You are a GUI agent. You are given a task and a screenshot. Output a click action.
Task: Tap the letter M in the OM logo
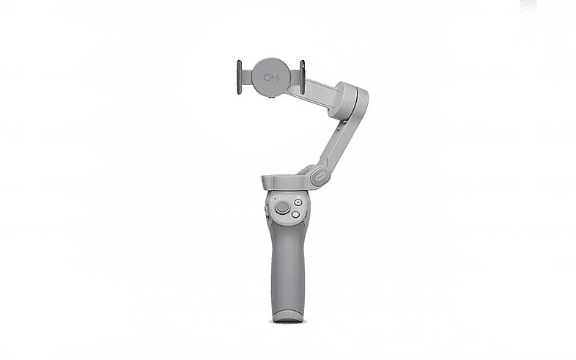click(275, 76)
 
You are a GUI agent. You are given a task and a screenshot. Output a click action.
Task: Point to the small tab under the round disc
click(270, 94)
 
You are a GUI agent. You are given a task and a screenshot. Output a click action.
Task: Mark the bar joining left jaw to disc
click(247, 76)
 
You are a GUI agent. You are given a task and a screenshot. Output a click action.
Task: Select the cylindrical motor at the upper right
click(350, 101)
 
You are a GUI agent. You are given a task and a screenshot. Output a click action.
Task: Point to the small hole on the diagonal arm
click(339, 131)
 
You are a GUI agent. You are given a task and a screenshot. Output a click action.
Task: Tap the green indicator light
click(273, 199)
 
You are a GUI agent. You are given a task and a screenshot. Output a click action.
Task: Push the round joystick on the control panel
click(282, 208)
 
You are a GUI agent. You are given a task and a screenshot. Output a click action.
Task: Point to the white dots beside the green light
click(278, 199)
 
